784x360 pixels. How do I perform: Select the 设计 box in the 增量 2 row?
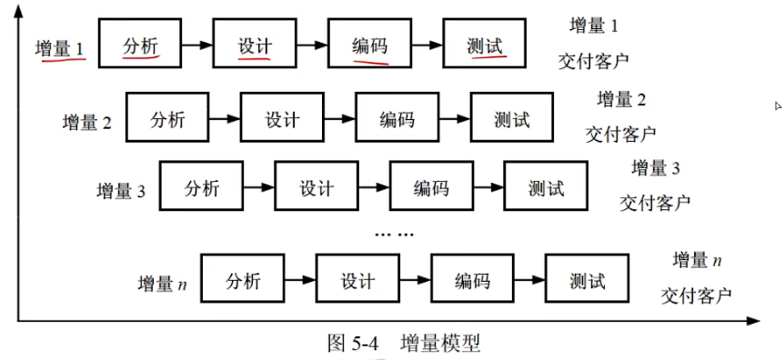click(281, 119)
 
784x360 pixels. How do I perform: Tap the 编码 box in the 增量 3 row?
click(431, 188)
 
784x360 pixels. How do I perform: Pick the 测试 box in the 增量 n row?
click(587, 282)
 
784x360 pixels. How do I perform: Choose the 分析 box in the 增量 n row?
click(242, 282)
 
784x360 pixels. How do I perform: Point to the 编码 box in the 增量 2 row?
click(397, 119)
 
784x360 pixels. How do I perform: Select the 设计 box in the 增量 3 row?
click(317, 188)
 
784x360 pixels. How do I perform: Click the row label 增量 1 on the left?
click(60, 48)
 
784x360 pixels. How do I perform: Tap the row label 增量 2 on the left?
click(86, 121)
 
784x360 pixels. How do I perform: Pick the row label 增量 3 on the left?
click(121, 191)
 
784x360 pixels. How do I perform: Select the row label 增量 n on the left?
click(162, 284)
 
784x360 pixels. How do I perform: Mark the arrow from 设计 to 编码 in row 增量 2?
click(339, 119)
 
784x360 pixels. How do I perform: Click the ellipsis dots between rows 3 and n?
click(394, 235)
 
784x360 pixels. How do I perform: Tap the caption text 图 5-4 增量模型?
click(403, 344)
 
